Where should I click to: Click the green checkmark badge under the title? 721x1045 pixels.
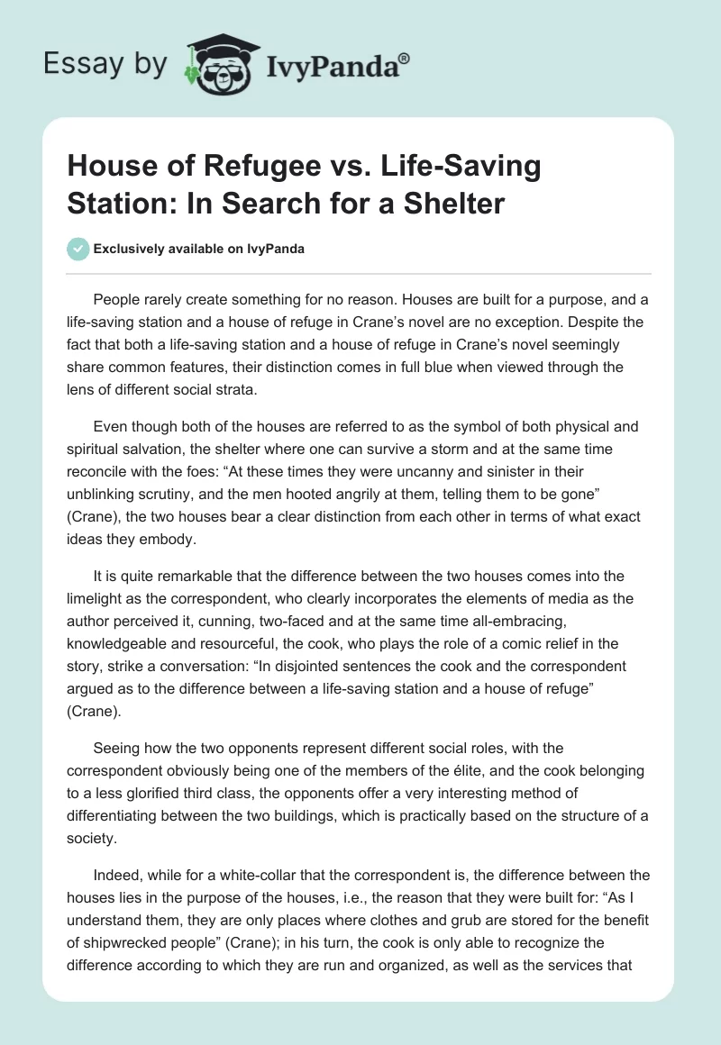[78, 250]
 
